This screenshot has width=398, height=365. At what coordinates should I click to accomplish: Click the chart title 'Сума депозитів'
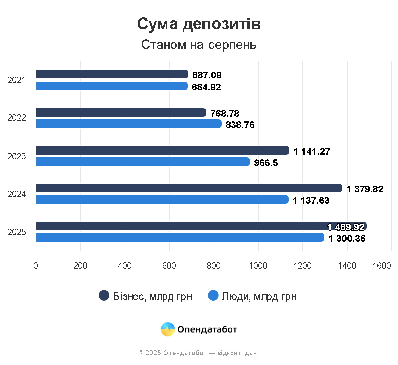click(199, 24)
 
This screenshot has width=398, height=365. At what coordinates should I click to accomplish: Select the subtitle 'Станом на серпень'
click(199, 45)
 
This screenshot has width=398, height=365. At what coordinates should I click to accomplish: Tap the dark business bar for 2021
click(112, 74)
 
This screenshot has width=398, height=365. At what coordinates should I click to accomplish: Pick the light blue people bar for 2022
click(129, 124)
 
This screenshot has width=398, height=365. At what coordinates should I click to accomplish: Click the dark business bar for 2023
click(163, 150)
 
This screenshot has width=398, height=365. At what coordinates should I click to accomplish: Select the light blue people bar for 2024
click(162, 199)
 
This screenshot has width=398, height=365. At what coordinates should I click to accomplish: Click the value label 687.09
click(207, 75)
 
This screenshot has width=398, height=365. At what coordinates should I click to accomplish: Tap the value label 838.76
click(240, 125)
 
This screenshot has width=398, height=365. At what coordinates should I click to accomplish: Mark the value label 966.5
click(266, 163)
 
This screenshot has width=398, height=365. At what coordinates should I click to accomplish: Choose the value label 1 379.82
click(365, 189)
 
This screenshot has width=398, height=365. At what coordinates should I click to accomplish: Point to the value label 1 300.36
click(347, 238)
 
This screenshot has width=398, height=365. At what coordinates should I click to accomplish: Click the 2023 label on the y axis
click(17, 156)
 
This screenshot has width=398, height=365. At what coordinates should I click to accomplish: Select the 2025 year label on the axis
click(17, 232)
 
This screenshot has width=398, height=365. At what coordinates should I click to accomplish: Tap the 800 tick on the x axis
click(214, 266)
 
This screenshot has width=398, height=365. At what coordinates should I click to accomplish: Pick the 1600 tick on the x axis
click(382, 266)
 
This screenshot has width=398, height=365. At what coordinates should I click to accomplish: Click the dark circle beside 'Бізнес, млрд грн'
click(104, 295)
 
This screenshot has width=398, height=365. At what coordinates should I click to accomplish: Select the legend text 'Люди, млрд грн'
click(259, 296)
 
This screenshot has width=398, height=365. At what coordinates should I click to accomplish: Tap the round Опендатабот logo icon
click(168, 329)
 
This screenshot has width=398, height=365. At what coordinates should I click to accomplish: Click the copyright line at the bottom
click(199, 353)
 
